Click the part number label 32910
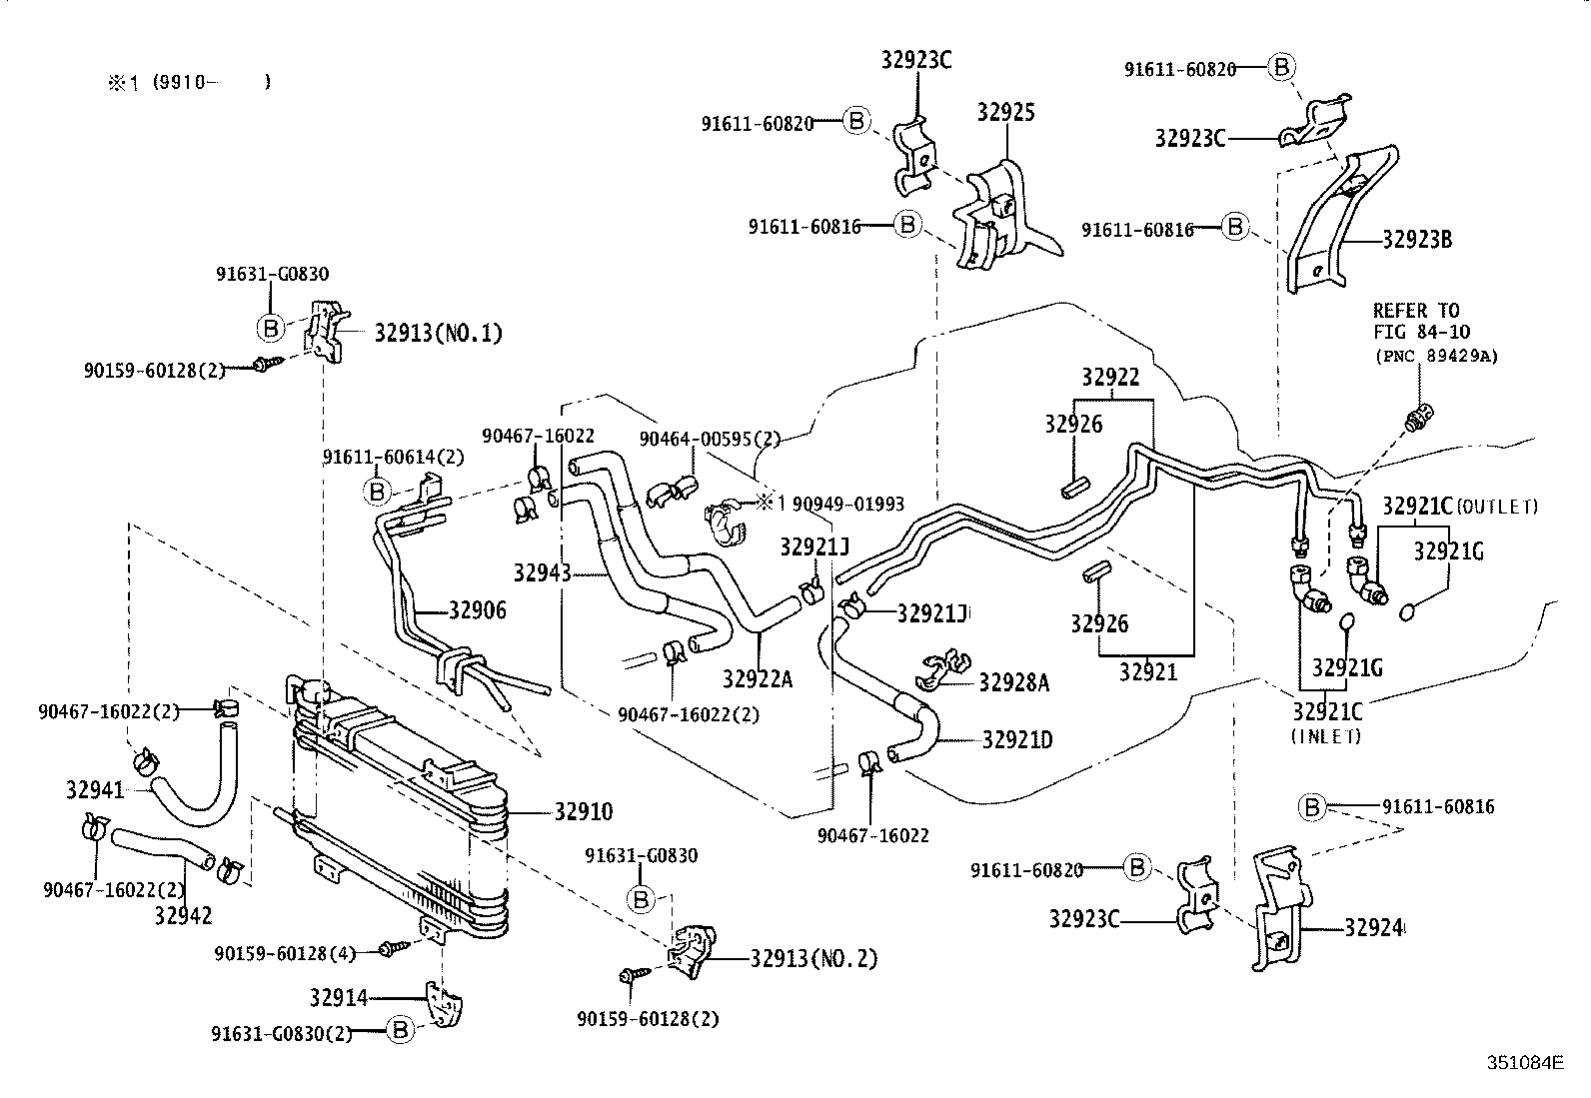[x=584, y=812]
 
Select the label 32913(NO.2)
[x=813, y=958]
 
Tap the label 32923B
[x=1417, y=240]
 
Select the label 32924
[x=1374, y=928]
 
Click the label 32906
[x=477, y=610]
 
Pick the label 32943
[x=542, y=572]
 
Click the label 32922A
[x=757, y=679]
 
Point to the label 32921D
[x=1016, y=740]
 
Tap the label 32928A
[x=1013, y=682]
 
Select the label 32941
[x=95, y=790]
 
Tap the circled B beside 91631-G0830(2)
[x=399, y=1031]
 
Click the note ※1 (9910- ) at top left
[x=189, y=83]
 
